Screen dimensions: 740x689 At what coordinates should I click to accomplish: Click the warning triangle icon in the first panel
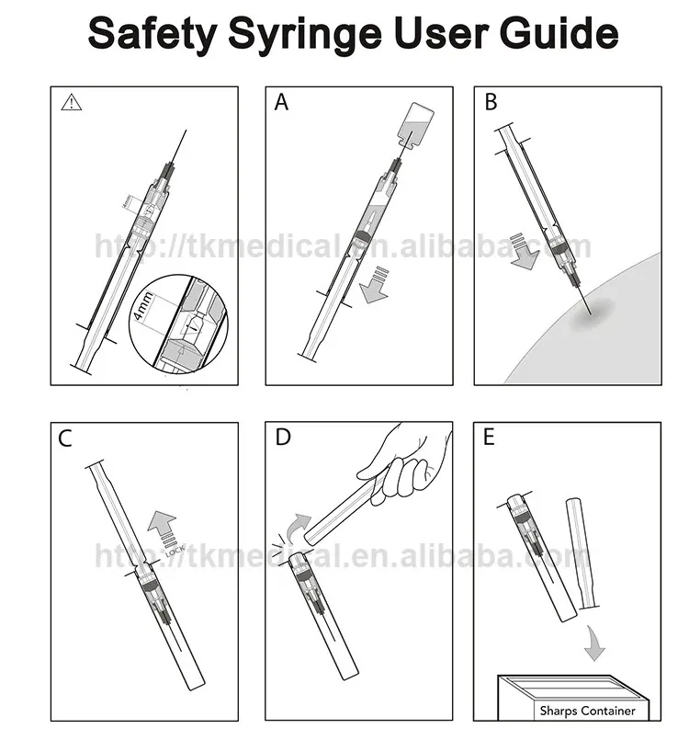(x=71, y=103)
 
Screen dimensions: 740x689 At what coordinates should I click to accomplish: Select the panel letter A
(x=282, y=103)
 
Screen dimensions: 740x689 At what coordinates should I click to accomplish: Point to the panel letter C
(x=65, y=438)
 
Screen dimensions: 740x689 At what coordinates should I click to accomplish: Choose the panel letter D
(x=282, y=438)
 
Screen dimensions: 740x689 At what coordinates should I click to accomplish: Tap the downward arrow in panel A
(x=374, y=284)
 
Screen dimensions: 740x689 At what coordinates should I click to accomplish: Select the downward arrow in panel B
(x=525, y=252)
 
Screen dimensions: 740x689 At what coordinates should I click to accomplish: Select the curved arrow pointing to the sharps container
(x=594, y=645)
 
